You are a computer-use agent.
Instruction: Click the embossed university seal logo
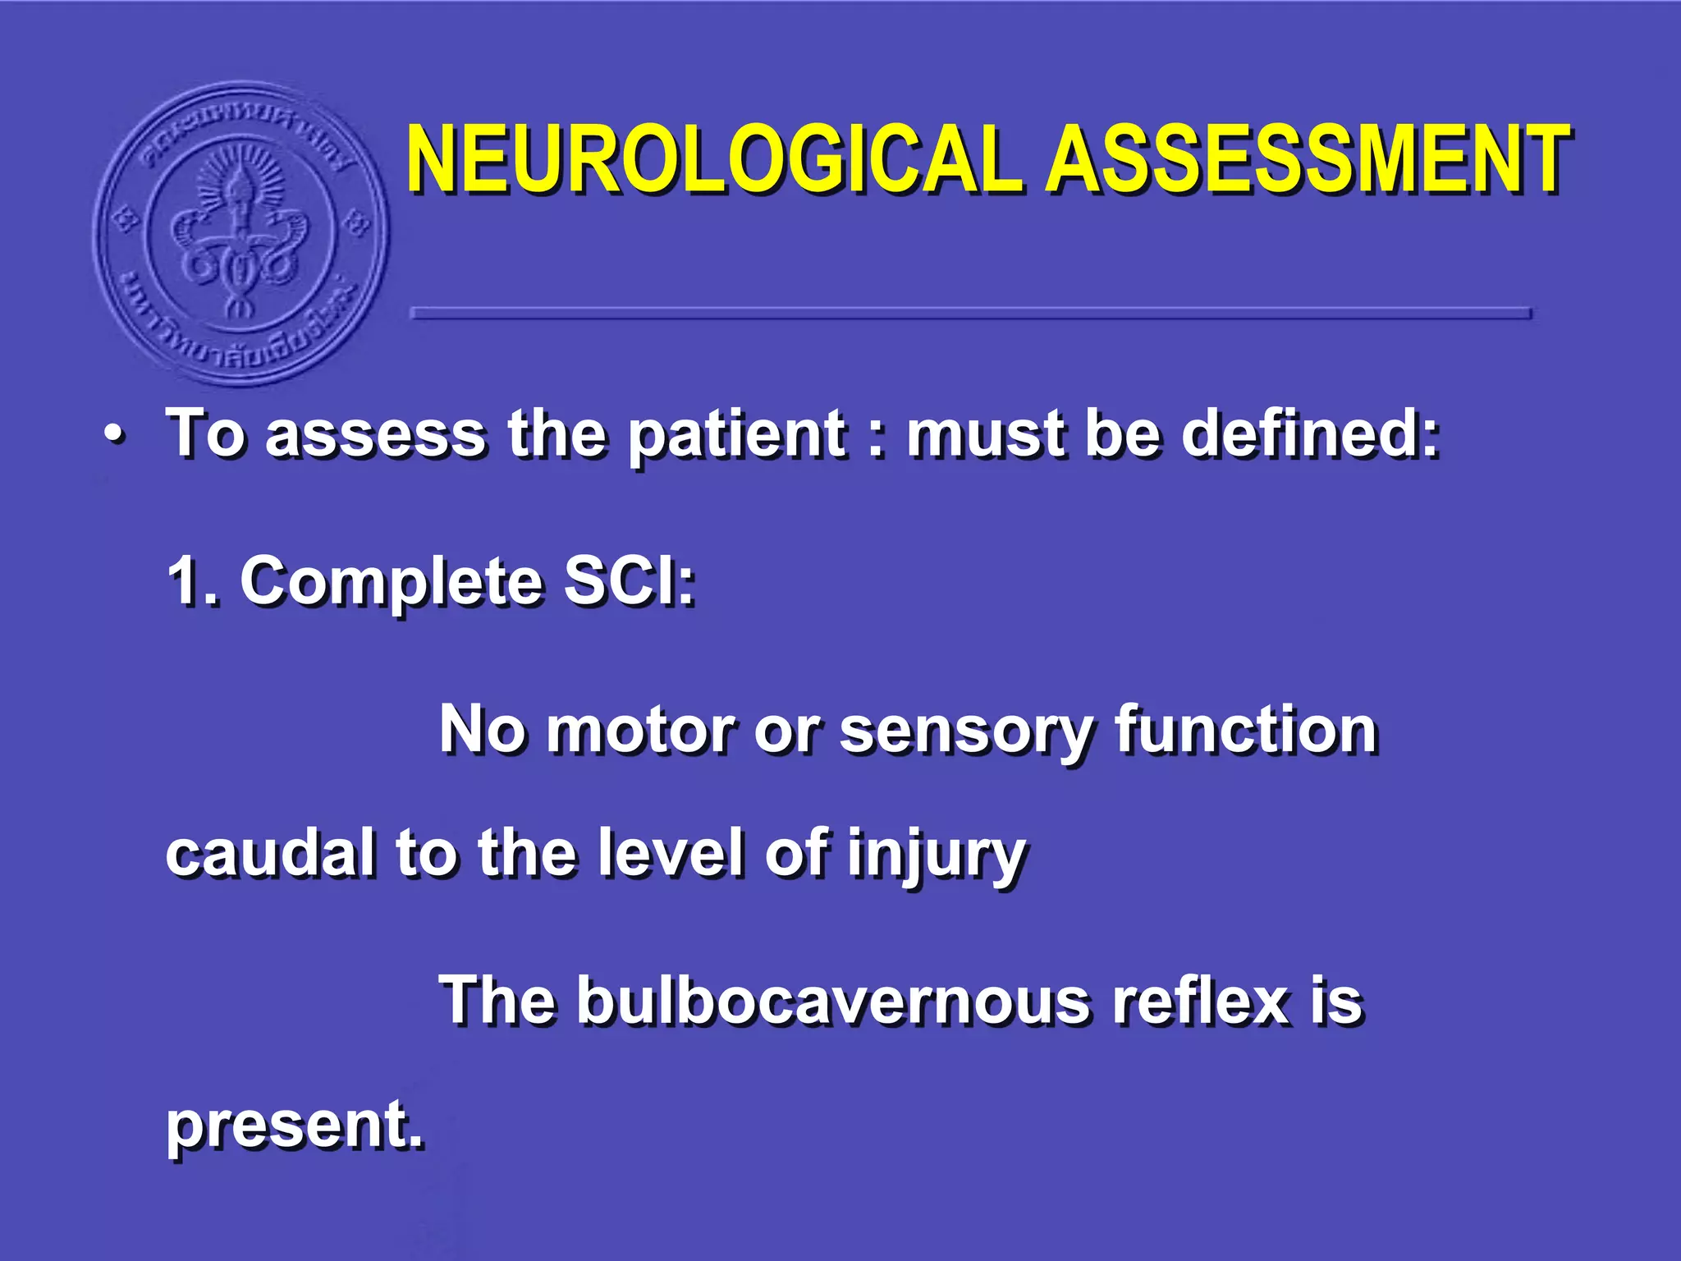241,234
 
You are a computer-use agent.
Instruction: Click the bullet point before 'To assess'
116,435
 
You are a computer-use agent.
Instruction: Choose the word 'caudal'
271,853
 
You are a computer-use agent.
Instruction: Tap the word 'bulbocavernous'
833,1001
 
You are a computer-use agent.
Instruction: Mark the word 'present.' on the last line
295,1126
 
